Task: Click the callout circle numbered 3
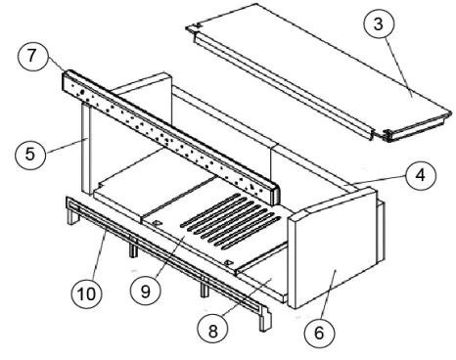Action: [379, 24]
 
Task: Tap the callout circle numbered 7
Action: [31, 55]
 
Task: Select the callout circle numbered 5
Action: [29, 154]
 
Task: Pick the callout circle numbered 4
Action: [421, 175]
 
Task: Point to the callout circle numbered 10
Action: [86, 293]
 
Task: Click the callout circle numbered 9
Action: [145, 291]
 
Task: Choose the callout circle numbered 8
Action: [212, 331]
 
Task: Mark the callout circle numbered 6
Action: [319, 333]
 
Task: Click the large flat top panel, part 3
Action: [320, 71]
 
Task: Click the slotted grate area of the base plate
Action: [231, 222]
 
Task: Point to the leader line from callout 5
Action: [68, 146]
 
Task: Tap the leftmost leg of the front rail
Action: [71, 216]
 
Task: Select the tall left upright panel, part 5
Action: [86, 149]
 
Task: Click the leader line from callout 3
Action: [399, 67]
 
